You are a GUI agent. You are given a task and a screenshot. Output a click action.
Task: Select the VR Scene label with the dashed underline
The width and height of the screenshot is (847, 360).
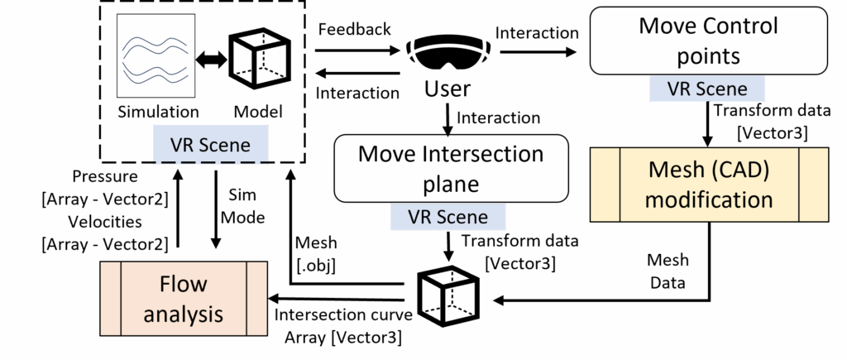tap(210, 144)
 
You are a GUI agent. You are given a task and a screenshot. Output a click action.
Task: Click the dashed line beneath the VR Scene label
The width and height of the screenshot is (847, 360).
tap(210, 163)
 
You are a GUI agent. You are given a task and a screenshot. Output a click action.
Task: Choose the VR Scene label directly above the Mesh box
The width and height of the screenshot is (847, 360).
tap(707, 89)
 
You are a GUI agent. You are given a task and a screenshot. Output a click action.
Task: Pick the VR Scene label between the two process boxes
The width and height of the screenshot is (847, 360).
tap(447, 217)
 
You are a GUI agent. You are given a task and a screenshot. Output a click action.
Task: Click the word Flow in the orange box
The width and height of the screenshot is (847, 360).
tap(184, 286)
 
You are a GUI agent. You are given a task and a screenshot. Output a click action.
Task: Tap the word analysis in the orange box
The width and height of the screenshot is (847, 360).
tap(184, 314)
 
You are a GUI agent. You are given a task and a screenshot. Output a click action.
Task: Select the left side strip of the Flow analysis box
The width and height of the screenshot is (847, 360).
tap(111, 299)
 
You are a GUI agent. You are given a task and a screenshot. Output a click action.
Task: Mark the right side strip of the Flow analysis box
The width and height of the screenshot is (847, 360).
tap(257, 299)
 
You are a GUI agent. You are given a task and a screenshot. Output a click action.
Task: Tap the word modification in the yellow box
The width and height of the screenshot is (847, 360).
tap(709, 199)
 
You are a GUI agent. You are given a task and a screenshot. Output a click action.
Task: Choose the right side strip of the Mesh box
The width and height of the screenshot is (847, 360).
tap(814, 185)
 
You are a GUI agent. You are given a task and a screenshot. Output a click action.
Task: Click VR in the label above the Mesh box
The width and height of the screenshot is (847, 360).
tap(679, 89)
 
